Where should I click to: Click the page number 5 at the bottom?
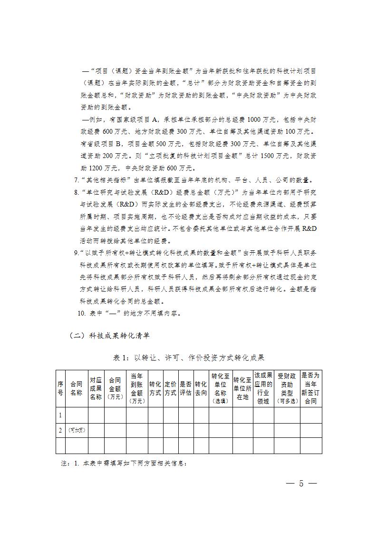click(x=300, y=484)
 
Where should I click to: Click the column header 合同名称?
click(x=76, y=388)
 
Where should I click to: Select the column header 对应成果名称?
click(x=96, y=388)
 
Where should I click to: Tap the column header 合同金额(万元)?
click(x=115, y=388)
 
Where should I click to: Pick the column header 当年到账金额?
click(x=136, y=388)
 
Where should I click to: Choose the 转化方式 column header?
click(x=155, y=388)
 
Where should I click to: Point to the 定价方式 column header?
click(x=170, y=388)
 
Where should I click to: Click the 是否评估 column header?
click(x=185, y=388)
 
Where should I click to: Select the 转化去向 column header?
click(x=201, y=388)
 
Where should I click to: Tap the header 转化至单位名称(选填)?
click(x=220, y=388)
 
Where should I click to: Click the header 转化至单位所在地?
click(x=242, y=388)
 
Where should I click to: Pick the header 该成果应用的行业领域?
click(x=263, y=388)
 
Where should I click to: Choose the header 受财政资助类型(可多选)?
click(x=287, y=388)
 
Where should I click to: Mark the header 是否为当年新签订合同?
click(x=310, y=388)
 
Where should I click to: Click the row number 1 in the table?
click(x=60, y=415)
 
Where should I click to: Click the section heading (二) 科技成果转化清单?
click(x=109, y=336)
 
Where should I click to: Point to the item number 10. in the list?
click(x=81, y=313)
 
